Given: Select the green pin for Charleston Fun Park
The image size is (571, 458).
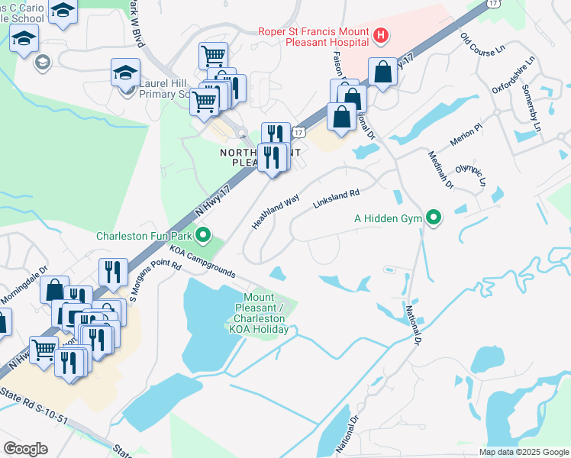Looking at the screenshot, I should (x=202, y=235).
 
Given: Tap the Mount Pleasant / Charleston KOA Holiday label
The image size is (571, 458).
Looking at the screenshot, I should (x=265, y=313).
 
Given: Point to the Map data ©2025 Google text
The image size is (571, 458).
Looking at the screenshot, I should (x=523, y=452).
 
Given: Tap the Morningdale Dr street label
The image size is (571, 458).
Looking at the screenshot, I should (x=24, y=282).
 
